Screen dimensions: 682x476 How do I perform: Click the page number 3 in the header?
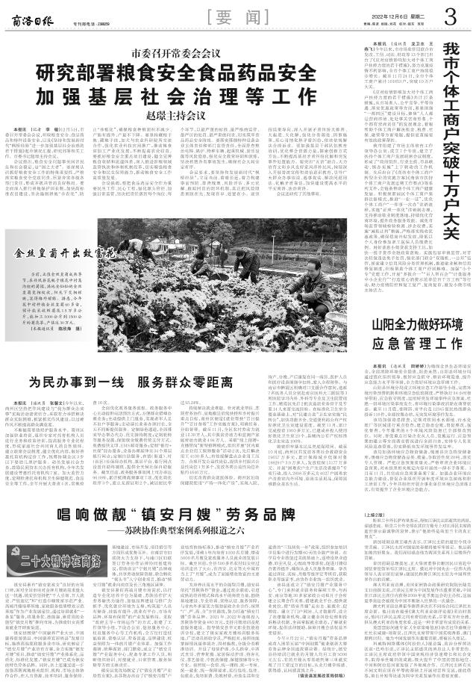(x=450, y=15)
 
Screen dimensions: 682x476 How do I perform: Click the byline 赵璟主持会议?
(x=186, y=117)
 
